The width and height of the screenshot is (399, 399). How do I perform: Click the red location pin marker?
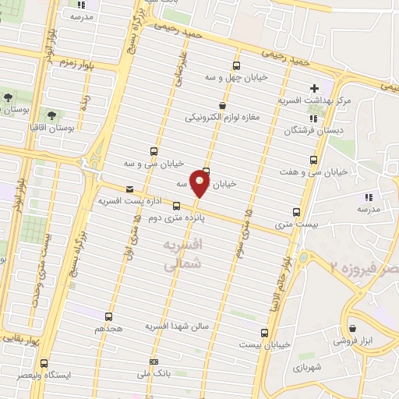coord(200,185)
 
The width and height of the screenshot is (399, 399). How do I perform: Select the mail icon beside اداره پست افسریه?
coord(129,189)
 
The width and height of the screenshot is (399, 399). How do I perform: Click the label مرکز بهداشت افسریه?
coord(316,101)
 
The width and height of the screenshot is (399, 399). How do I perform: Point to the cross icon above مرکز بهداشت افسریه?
coord(314,88)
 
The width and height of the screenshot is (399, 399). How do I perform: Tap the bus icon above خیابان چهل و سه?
coord(237,65)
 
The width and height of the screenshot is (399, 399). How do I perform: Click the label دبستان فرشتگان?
coord(314,132)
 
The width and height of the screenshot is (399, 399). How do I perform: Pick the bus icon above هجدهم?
coord(108,316)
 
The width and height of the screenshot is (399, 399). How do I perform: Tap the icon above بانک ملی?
coord(154,362)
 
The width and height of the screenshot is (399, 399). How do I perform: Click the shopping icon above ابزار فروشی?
coord(355,328)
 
